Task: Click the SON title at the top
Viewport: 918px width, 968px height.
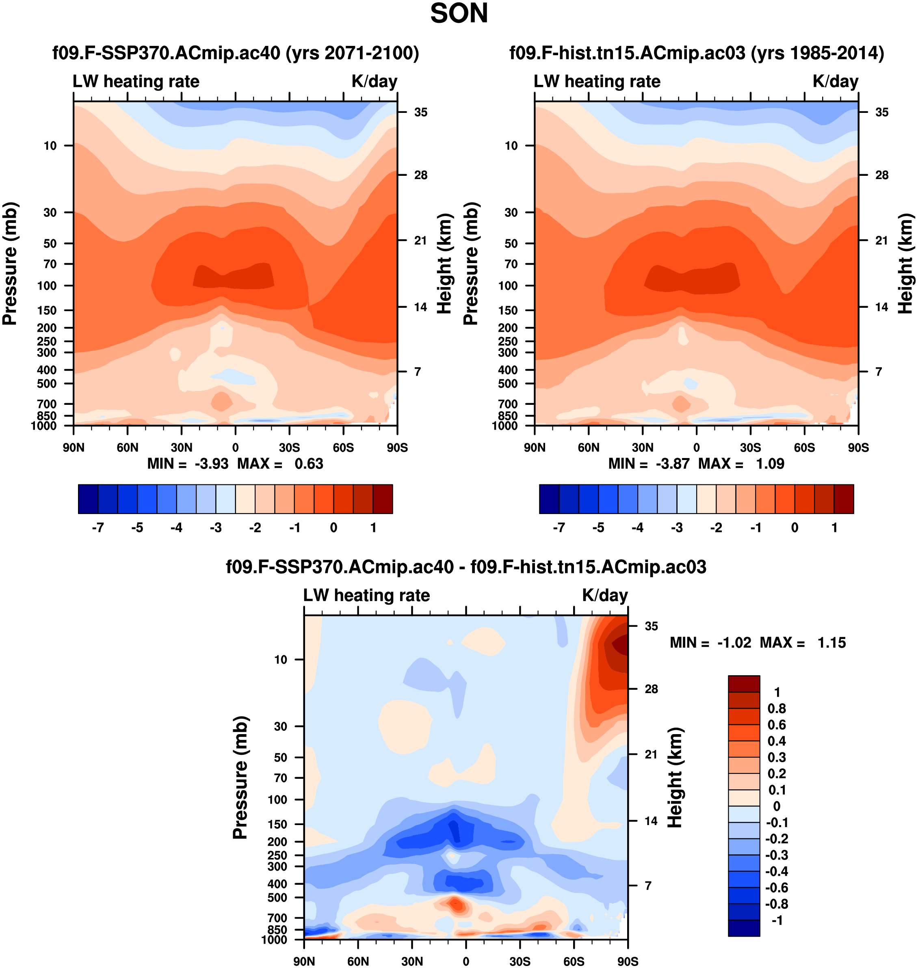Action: (x=459, y=14)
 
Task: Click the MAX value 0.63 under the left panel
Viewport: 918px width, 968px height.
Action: (x=309, y=464)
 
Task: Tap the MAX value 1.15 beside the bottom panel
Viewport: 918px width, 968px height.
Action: (x=831, y=643)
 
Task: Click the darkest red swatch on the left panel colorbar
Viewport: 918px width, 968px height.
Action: (x=383, y=499)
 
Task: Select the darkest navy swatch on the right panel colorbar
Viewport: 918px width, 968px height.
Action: (x=549, y=499)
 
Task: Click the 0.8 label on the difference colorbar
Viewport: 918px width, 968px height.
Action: (x=777, y=708)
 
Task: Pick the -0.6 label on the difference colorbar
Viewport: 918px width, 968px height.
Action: (x=777, y=888)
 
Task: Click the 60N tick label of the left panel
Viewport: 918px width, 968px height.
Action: (x=128, y=447)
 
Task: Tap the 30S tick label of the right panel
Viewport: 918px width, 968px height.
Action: (x=750, y=447)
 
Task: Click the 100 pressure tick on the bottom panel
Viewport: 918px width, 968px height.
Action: (x=277, y=799)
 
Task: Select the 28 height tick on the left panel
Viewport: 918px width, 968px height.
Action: (x=420, y=175)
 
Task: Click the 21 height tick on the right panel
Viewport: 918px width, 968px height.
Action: (x=881, y=240)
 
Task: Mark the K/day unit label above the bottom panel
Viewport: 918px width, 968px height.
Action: (x=605, y=595)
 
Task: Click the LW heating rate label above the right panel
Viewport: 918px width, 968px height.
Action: (x=597, y=81)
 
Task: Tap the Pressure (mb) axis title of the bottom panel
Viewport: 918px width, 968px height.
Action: (x=240, y=778)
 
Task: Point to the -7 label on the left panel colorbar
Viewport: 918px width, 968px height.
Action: (x=98, y=528)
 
